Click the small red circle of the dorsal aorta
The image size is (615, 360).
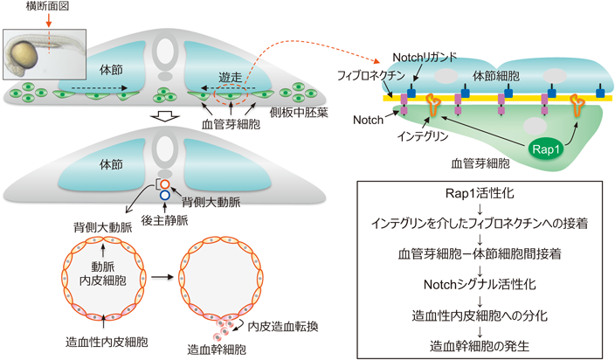tap(164, 183)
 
